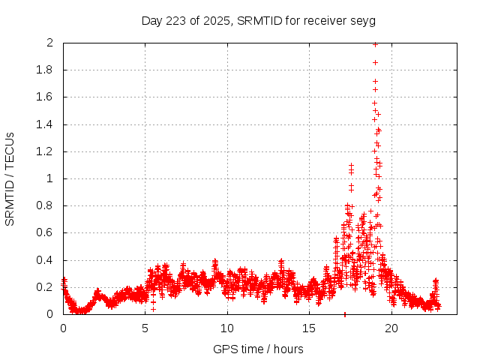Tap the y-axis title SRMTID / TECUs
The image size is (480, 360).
tap(10, 178)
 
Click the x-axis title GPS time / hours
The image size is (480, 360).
tap(258, 349)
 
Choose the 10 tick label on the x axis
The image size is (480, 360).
tap(227, 328)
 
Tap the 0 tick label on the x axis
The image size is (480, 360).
tap(63, 328)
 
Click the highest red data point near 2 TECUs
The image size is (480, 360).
tap(375, 44)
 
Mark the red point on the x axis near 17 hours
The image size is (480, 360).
tap(344, 313)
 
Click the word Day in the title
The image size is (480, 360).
tap(152, 20)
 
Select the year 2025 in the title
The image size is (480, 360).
tap(217, 20)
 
